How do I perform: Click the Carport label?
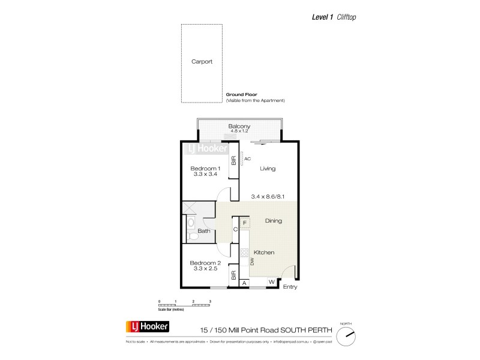202,61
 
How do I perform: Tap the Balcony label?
239,126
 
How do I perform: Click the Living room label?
268,169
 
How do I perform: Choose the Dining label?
272,221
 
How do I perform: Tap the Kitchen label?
264,253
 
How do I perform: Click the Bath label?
204,230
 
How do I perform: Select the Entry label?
290,287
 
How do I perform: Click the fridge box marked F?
245,223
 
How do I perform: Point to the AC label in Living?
247,159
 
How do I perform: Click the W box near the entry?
271,282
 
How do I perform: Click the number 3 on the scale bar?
210,300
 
